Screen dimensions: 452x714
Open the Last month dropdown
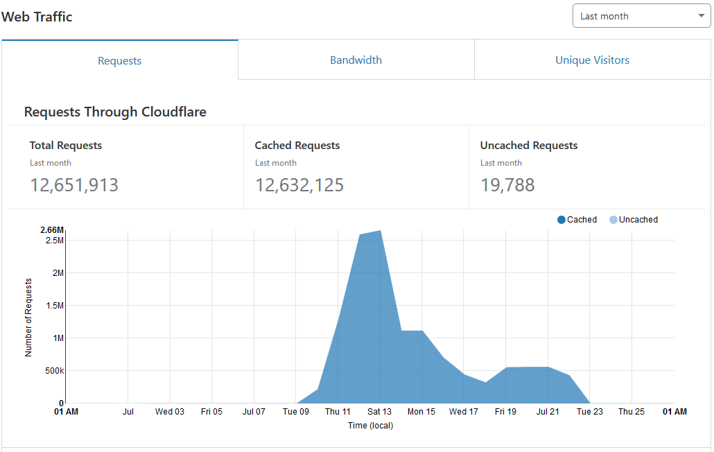tap(641, 16)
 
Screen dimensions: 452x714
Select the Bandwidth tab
tap(356, 60)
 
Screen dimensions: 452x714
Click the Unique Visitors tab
tap(592, 60)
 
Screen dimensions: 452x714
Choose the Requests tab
tap(119, 61)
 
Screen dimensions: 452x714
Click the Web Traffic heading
tap(37, 17)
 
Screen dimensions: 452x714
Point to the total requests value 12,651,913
tap(74, 185)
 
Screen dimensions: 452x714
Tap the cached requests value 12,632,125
tap(299, 185)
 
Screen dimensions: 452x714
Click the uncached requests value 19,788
tap(507, 185)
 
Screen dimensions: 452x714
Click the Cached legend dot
tap(561, 220)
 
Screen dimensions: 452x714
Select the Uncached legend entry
tap(634, 220)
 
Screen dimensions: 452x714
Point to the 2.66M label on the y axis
tap(52, 230)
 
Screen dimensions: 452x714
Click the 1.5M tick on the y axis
tap(54, 306)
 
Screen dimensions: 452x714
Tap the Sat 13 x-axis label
tap(379, 412)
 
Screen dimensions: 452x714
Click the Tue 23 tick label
tap(590, 412)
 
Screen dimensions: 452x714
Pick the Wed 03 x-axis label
tap(170, 412)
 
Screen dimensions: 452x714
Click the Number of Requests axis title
tap(28, 317)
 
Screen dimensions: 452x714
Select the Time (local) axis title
tap(370, 426)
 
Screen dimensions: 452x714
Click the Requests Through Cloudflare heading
tap(115, 112)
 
